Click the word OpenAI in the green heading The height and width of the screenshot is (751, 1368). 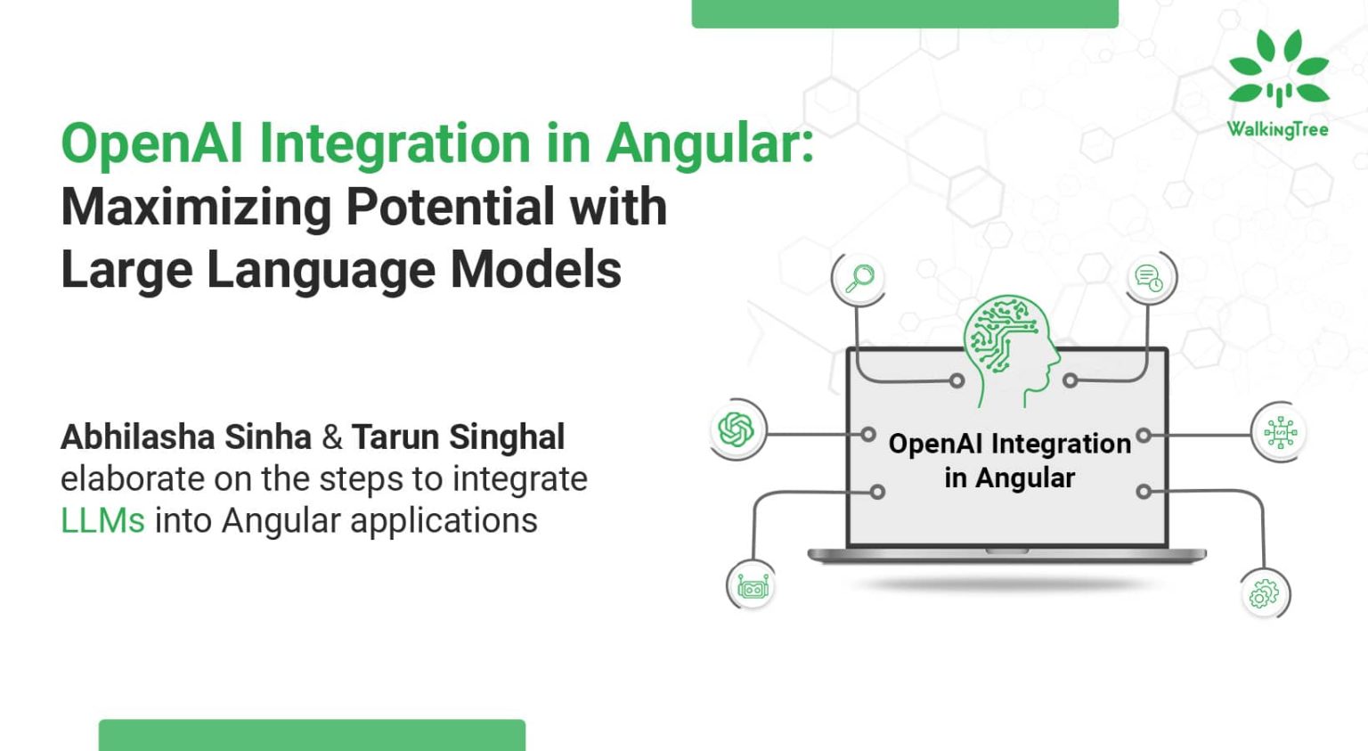[151, 143]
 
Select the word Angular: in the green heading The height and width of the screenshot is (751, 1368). [710, 143]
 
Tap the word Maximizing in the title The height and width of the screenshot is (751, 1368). [195, 207]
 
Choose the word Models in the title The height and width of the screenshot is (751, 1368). [535, 270]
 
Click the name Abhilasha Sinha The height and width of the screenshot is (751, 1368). [185, 437]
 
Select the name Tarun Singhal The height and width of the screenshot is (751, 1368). [458, 437]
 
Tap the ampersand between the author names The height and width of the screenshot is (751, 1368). [331, 437]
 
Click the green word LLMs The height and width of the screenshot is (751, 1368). [102, 520]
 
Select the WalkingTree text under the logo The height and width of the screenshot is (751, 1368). [1277, 130]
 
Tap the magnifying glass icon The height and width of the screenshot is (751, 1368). [859, 278]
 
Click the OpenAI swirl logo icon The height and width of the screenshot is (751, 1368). [737, 429]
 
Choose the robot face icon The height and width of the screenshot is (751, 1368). [753, 587]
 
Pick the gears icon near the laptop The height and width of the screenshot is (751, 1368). [1264, 593]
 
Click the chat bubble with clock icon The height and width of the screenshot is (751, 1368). [1149, 278]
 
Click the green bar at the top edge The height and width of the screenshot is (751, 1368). [904, 13]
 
